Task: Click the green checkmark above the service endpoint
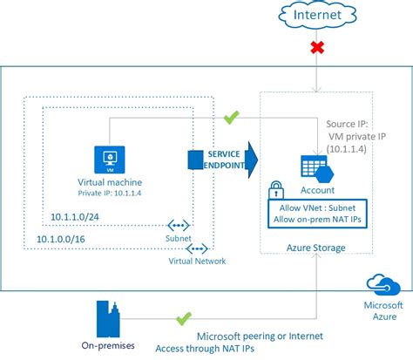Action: (232, 116)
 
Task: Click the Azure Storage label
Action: (315, 248)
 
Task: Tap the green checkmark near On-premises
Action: (183, 320)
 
